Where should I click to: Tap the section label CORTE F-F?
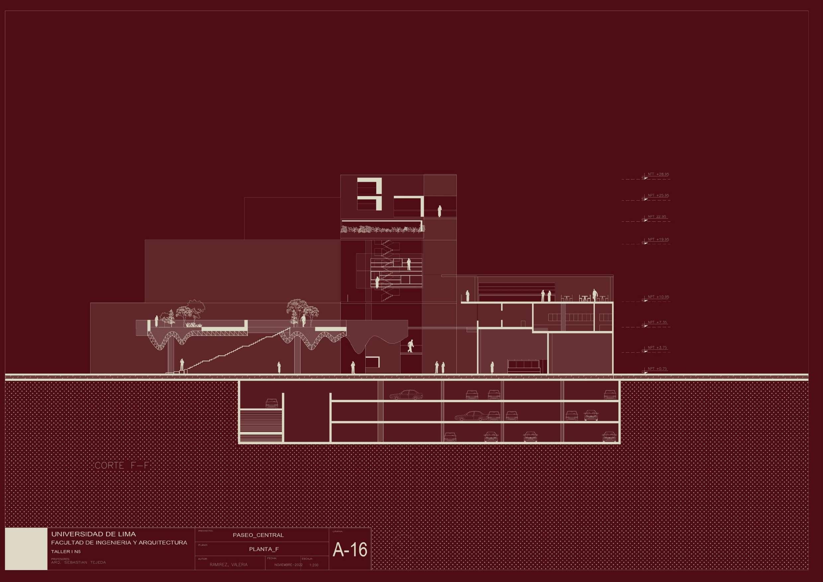pos(122,466)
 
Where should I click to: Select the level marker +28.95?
pos(658,175)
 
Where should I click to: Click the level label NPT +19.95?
pos(658,239)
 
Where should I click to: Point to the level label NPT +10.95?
pos(658,297)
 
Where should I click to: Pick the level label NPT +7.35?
pos(657,322)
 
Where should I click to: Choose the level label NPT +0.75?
pos(657,369)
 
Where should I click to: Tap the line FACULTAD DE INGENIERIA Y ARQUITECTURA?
pos(119,543)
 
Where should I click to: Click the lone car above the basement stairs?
pos(271,403)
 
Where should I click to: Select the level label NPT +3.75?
pos(657,348)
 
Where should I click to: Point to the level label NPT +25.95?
pos(658,195)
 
